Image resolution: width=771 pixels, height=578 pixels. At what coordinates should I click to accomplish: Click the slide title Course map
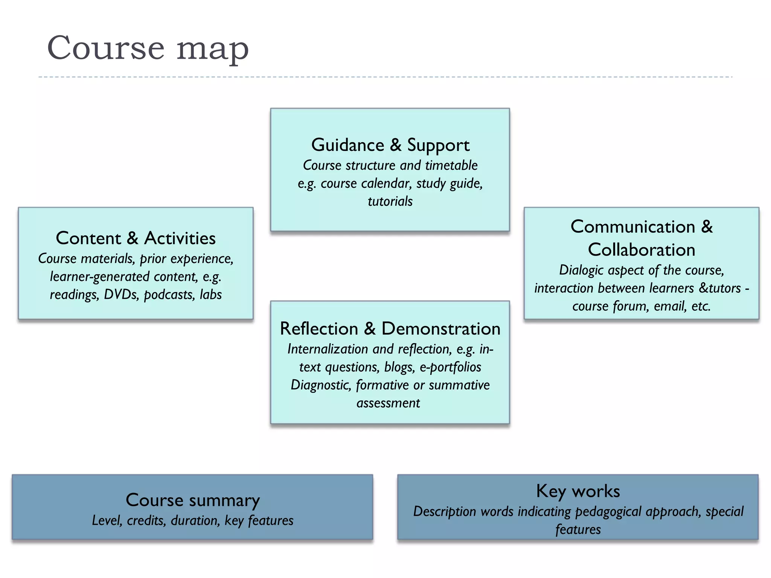[x=148, y=48]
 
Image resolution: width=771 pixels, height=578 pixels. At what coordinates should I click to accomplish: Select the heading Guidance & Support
[x=390, y=145]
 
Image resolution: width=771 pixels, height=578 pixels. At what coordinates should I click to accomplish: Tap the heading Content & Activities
[x=136, y=238]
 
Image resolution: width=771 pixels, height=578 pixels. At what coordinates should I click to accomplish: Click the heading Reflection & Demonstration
[x=390, y=329]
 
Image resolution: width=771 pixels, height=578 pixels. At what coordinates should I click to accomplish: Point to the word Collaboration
[x=641, y=250]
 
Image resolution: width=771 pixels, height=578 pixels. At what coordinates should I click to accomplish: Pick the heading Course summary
[x=192, y=500]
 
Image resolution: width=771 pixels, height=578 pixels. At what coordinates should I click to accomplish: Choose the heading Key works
[x=578, y=491]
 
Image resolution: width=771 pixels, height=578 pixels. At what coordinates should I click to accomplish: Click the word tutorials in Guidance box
[x=390, y=201]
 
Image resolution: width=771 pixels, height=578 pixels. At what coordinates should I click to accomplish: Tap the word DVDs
[x=120, y=294]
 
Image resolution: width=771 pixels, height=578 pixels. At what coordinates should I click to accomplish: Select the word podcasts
[x=169, y=295]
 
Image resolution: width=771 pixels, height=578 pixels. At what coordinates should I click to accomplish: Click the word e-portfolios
[x=450, y=367]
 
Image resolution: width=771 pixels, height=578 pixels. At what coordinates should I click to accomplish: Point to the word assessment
[x=388, y=403]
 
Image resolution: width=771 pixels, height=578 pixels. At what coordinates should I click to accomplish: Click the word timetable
[x=451, y=165]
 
